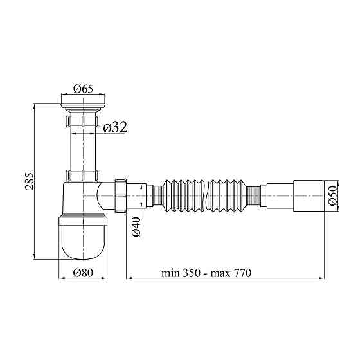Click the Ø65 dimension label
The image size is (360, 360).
(83, 89)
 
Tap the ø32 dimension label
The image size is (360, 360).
(115, 127)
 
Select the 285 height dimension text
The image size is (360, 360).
(30, 181)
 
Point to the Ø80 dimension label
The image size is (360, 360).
(83, 273)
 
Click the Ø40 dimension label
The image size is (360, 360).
(136, 226)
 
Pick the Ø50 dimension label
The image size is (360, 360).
(332, 195)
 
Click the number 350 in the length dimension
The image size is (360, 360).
(192, 273)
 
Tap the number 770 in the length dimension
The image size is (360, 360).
(243, 273)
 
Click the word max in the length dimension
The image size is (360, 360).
(221, 274)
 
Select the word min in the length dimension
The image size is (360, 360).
(170, 273)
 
